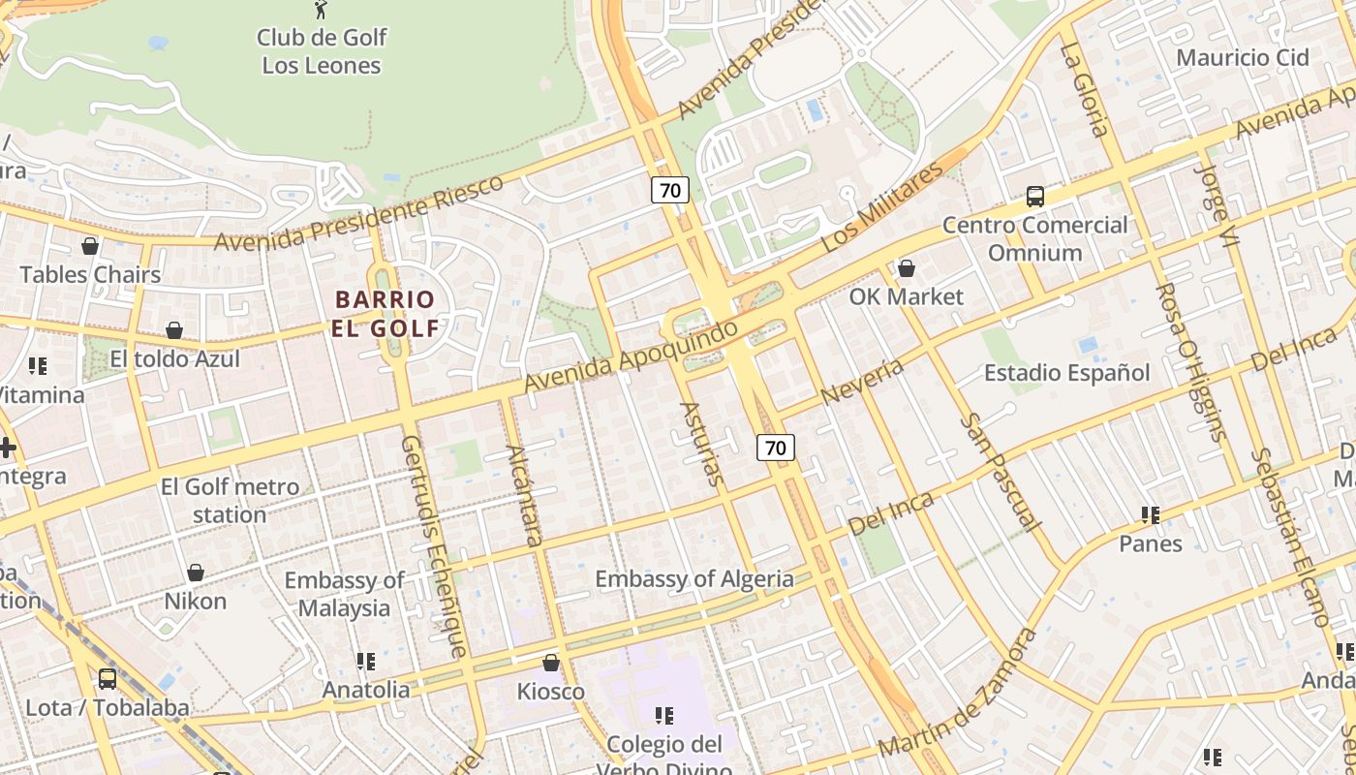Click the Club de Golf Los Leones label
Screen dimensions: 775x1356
(x=322, y=51)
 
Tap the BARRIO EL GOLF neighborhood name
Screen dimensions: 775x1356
(x=386, y=313)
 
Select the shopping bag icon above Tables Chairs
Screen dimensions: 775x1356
(x=90, y=246)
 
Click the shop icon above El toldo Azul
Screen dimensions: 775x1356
(x=174, y=330)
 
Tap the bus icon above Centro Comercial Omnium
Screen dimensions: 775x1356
(x=1035, y=197)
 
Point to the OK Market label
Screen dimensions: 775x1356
(x=907, y=296)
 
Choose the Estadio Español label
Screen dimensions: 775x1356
(x=1066, y=373)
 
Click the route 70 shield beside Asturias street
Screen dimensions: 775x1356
(x=775, y=447)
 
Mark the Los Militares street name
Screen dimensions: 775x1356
(x=880, y=208)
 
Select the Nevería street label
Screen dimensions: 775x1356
(x=861, y=381)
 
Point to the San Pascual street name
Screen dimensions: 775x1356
(x=1001, y=473)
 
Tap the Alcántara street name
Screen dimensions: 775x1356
(x=525, y=495)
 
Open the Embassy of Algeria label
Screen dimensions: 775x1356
(x=693, y=579)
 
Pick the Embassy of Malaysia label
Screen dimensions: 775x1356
(x=344, y=594)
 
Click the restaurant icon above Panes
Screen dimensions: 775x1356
(x=1151, y=514)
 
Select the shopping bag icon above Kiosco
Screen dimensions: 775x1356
(x=551, y=663)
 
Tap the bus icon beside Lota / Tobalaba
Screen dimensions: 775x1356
(x=108, y=679)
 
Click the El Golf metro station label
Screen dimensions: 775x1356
(x=230, y=500)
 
